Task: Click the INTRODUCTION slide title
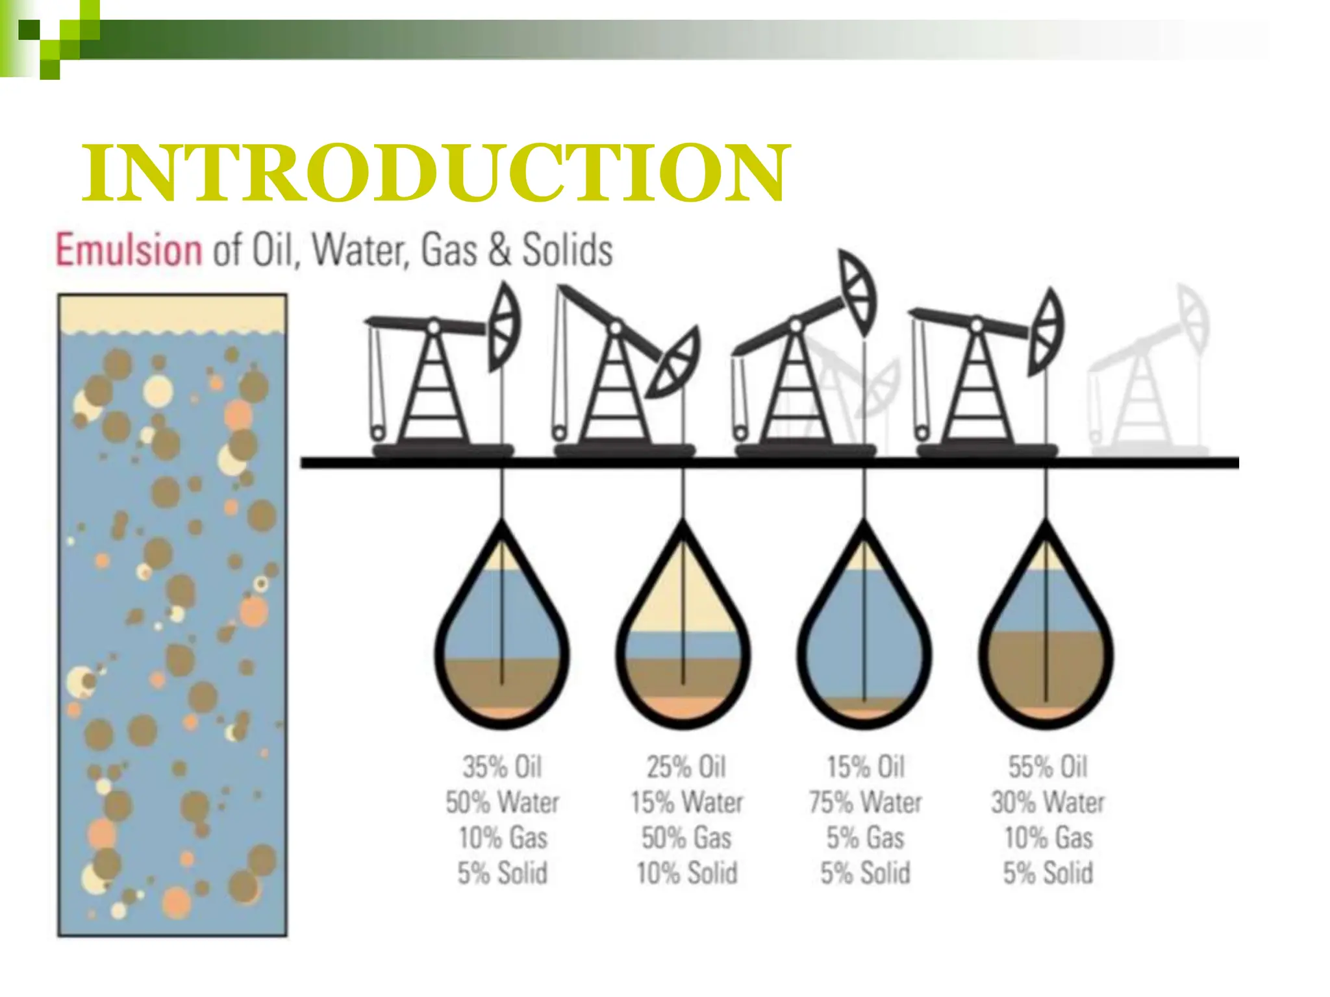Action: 435,172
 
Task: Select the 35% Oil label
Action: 501,767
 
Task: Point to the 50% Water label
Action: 501,803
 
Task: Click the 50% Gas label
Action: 686,838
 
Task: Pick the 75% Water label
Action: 865,803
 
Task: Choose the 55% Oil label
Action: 1048,767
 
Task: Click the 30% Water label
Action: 1048,803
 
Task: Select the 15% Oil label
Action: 865,767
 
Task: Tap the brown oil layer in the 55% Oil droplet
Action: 1046,669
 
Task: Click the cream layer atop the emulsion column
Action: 172,313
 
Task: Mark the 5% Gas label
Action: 865,838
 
